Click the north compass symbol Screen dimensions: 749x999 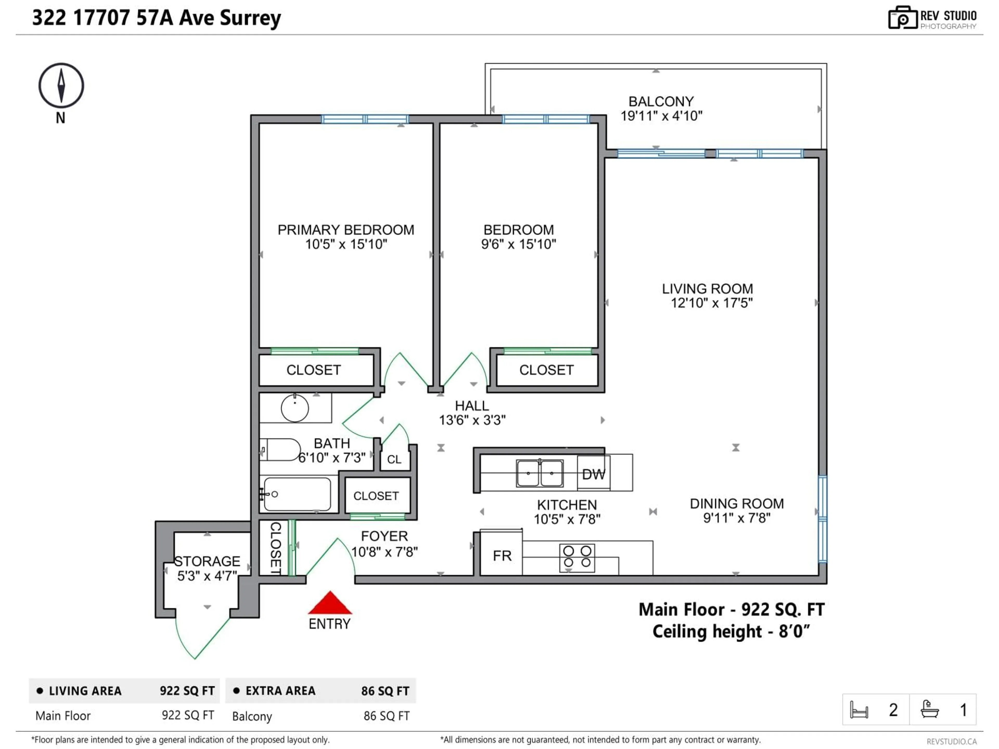click(61, 85)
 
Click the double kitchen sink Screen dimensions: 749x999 click(540, 473)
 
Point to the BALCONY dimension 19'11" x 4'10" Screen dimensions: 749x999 click(661, 116)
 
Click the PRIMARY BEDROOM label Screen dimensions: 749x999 click(345, 230)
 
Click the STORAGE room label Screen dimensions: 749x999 click(207, 561)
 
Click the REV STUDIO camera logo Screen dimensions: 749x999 click(902, 18)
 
